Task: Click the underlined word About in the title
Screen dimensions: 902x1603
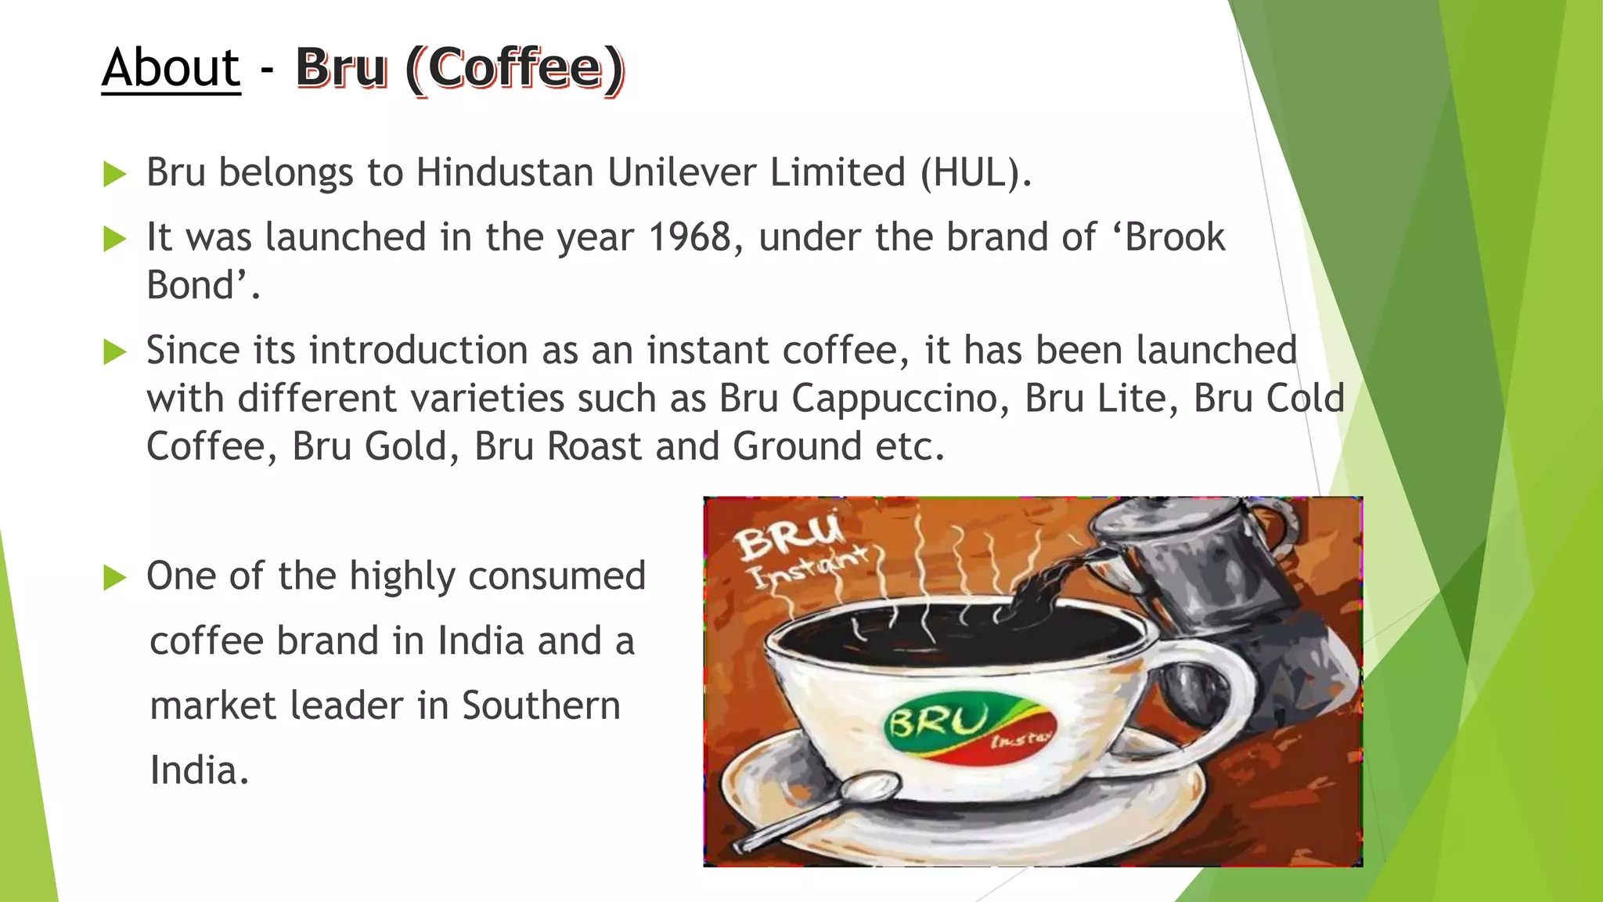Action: tap(171, 68)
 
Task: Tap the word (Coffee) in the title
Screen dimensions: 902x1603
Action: tap(516, 69)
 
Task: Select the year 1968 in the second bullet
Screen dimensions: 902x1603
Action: tap(690, 237)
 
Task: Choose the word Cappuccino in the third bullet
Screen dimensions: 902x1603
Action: tap(900, 399)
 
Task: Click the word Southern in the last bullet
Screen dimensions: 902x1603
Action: tap(541, 705)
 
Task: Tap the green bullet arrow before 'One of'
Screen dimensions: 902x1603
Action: tap(115, 578)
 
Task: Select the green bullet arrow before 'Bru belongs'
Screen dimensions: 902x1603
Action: tap(115, 174)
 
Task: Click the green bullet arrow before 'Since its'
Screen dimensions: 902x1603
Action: tap(115, 352)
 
